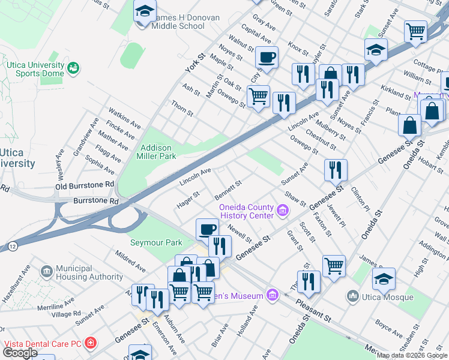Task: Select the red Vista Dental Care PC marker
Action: pos(91,343)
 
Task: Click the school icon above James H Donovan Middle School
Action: pos(144,11)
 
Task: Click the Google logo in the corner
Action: pos(20,352)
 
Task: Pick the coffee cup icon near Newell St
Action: pos(208,230)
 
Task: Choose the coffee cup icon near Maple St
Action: pos(267,58)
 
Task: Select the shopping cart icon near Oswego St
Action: pos(258,96)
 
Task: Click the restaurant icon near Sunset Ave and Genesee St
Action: pos(336,170)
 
